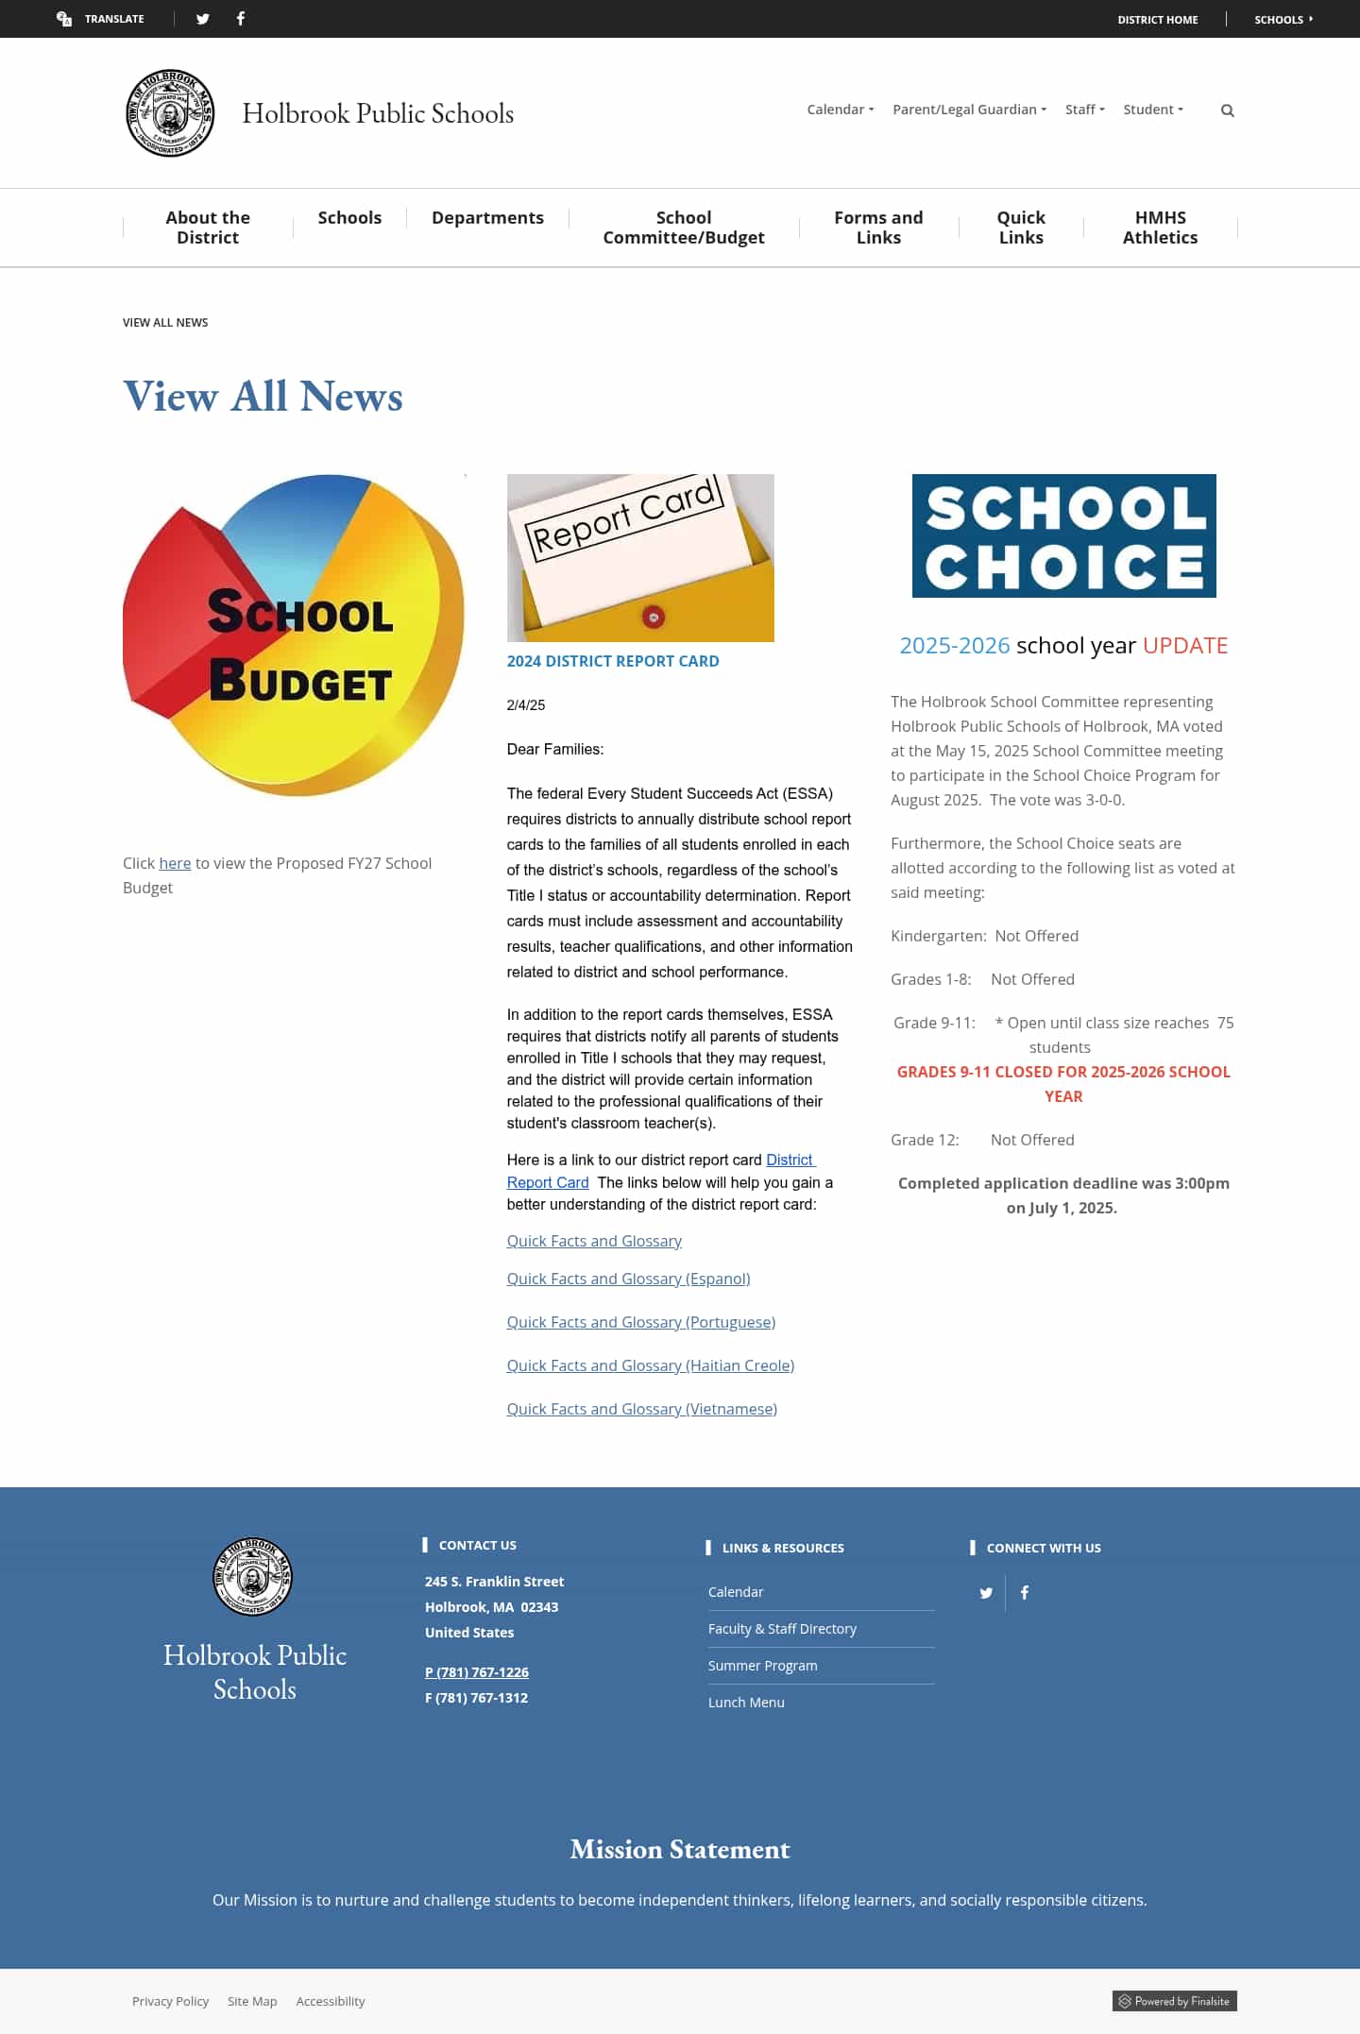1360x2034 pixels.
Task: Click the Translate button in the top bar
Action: [x=101, y=19]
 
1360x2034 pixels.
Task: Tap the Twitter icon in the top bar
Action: [x=202, y=19]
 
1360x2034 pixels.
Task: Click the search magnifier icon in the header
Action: [x=1227, y=110]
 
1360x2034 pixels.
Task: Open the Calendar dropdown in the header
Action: [x=840, y=110]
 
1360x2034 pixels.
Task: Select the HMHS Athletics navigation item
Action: [x=1160, y=228]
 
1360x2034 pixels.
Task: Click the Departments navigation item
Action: [x=487, y=218]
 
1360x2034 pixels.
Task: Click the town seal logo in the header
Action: [x=170, y=113]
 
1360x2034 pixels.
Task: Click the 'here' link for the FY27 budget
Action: [x=175, y=863]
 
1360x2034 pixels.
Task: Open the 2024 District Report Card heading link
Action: [x=612, y=661]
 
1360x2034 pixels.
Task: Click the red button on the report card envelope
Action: [x=653, y=617]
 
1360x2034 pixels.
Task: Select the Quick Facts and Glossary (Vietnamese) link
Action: [x=641, y=1409]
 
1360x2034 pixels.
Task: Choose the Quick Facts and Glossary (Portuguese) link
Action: [x=640, y=1322]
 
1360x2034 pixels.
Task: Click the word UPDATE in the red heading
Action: [x=1184, y=646]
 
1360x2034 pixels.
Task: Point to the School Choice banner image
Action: [x=1063, y=535]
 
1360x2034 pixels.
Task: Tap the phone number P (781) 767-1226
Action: [x=476, y=1672]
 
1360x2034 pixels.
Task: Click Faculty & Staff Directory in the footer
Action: [x=782, y=1629]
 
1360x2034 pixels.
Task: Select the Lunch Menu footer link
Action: [x=746, y=1703]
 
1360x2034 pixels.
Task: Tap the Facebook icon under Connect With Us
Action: [x=1025, y=1593]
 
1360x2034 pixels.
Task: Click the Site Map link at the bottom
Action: [x=252, y=2001]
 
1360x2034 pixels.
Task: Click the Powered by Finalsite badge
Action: [x=1174, y=2001]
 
